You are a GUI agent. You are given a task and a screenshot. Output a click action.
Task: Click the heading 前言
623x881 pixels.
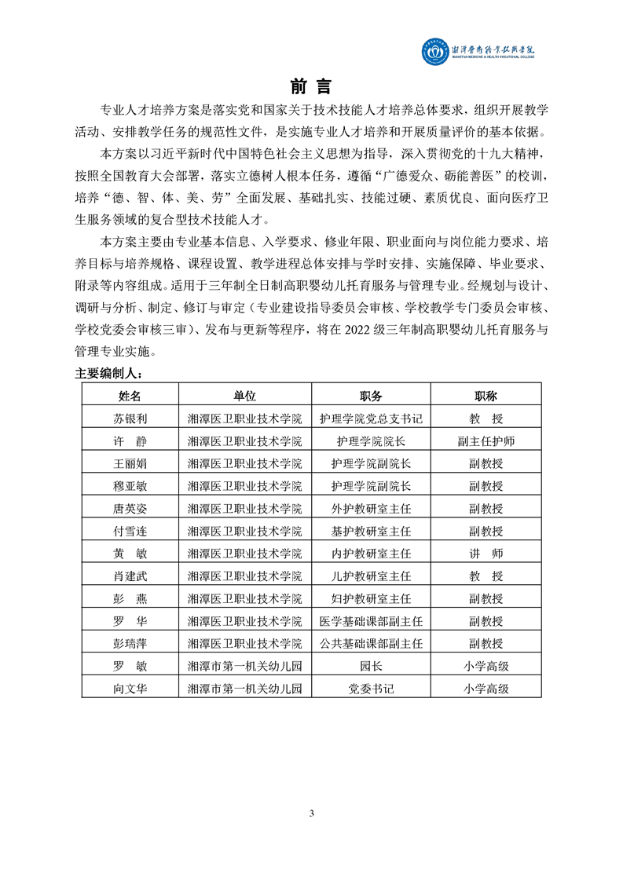pos(311,86)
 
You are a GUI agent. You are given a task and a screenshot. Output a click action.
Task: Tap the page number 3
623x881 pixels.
pos(312,812)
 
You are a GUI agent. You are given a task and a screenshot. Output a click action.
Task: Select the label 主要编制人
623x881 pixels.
pos(108,373)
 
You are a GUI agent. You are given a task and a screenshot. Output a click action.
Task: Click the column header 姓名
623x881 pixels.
pos(130,395)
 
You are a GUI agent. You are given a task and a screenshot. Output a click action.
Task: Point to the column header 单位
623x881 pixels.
pos(244,395)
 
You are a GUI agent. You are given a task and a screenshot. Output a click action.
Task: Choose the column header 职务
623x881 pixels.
pos(371,395)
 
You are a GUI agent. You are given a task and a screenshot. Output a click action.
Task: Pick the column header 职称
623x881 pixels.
pos(486,395)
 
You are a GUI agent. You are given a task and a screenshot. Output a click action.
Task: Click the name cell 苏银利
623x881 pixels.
pos(130,419)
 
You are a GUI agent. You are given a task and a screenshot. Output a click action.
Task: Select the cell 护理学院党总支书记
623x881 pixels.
pos(371,419)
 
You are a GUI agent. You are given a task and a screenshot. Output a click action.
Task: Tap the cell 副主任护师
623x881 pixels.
pos(486,440)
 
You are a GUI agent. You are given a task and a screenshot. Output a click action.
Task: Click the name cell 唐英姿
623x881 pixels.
pos(130,508)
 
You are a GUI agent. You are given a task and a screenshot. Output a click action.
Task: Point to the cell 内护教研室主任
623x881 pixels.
pos(371,554)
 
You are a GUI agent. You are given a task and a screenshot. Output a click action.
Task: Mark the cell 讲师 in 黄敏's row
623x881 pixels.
pos(486,554)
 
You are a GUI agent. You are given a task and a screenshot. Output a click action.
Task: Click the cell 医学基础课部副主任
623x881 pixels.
pos(371,621)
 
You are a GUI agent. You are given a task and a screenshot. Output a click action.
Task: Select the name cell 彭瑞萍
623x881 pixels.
pos(130,644)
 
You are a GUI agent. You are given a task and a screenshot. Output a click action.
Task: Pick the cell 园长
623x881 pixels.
pos(371,667)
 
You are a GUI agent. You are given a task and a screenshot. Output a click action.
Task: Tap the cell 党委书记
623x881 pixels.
pos(371,689)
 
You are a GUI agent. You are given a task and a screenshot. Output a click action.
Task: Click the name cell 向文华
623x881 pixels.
pos(130,689)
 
